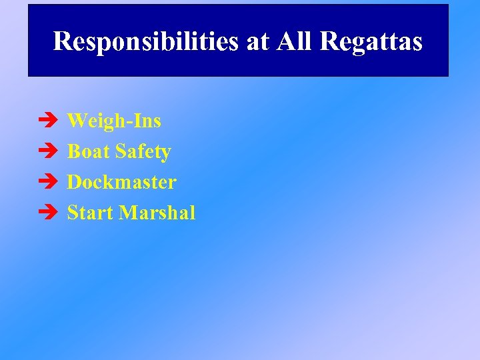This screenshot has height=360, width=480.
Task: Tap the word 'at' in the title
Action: pos(258,41)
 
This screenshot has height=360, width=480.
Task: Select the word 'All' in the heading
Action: pos(294,41)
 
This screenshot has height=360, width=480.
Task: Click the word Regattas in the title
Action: pos(371,41)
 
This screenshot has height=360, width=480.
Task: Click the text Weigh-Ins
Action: pos(114,121)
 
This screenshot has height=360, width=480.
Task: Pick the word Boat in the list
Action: pos(89,151)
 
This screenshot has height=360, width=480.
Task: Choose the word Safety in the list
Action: pos(143,152)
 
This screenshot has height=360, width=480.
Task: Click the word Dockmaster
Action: pos(122,182)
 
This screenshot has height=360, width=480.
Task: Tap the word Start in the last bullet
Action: pos(91,213)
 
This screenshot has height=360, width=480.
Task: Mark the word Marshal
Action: pos(157,213)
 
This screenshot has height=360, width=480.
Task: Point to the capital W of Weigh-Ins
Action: pos(77,121)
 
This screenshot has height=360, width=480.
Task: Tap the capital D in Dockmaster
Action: pos(74,182)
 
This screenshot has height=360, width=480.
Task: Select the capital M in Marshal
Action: pos(129,213)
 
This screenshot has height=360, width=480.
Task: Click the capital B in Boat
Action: pos(73,151)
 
